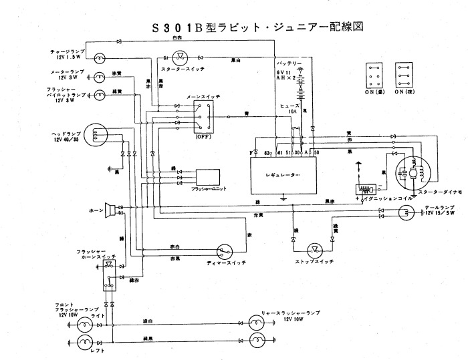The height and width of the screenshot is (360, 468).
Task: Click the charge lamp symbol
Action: click(98, 57)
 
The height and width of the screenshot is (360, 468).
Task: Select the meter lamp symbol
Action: click(99, 76)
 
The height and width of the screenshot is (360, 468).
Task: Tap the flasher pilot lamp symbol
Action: click(99, 96)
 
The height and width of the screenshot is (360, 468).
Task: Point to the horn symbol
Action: click(108, 210)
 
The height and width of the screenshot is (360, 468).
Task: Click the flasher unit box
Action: click(208, 176)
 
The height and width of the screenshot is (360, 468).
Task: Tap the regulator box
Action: click(283, 176)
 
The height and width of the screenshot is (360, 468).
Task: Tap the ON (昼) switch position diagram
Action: click(376, 76)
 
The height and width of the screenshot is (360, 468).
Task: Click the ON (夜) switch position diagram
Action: click(404, 76)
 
